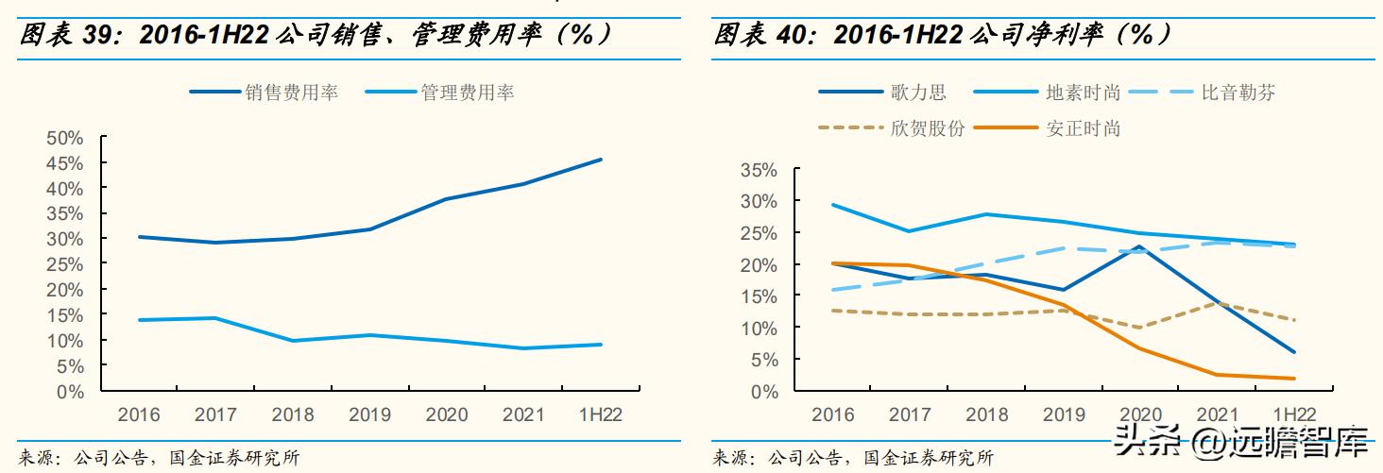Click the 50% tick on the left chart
coord(65,138)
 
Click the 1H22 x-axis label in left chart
coord(599,414)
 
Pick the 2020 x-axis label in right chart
coord(1140,414)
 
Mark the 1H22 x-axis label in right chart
coord(1294,414)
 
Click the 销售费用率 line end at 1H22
coord(601,160)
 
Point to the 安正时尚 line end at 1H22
coord(1294,379)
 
